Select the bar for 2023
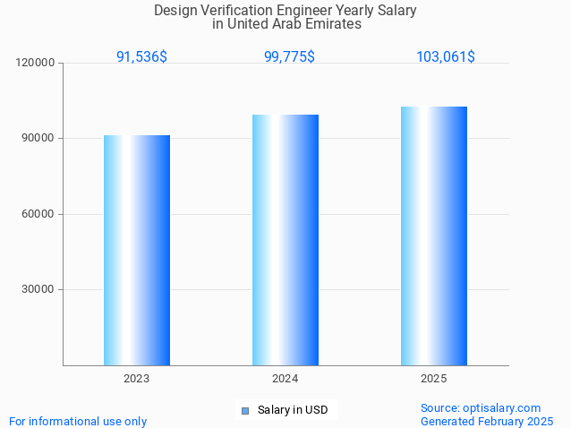coord(137,251)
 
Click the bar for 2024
coord(285,240)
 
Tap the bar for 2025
coord(434,235)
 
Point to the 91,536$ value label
coord(141,56)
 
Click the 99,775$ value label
coord(289,56)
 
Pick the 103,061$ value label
coord(446,56)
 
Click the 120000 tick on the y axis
coord(37,63)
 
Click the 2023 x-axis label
coord(137,380)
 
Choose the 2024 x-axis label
coord(285,380)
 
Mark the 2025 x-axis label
coord(434,380)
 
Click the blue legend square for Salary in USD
coord(244,411)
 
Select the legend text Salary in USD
coord(292,411)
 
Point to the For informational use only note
coord(78,421)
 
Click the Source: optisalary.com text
coord(481,407)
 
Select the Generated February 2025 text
coord(487,421)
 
